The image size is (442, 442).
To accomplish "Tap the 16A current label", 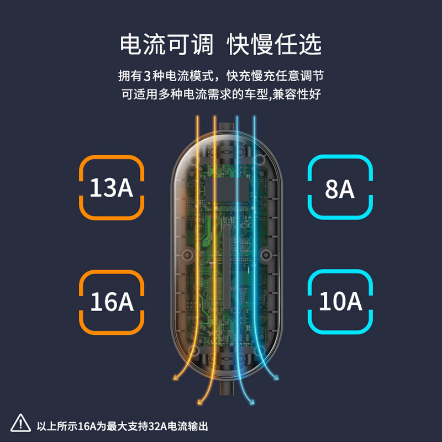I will [112, 302].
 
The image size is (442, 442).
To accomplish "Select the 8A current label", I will [339, 188].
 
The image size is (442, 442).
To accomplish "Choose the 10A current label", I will [340, 302].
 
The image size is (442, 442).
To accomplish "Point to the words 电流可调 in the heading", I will [166, 45].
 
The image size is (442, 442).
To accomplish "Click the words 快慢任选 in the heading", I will [275, 45].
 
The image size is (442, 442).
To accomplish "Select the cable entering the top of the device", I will [225, 124].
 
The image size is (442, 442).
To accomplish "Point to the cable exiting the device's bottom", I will [225, 390].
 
